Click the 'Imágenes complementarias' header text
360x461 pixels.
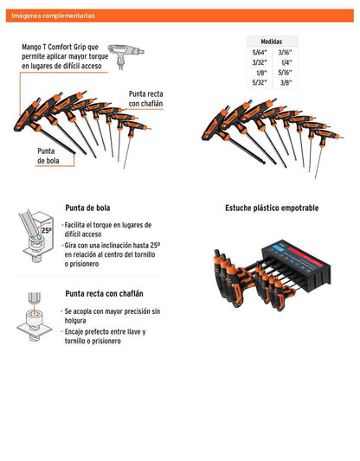click(53, 16)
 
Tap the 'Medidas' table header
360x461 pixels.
click(271, 42)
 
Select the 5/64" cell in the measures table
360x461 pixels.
click(260, 53)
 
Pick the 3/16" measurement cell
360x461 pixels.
click(285, 53)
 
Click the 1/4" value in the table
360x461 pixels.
click(286, 62)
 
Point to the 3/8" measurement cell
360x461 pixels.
click(286, 83)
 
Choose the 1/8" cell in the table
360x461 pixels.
click(261, 73)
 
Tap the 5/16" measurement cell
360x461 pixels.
click(285, 73)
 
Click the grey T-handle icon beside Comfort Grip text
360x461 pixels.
click(125, 56)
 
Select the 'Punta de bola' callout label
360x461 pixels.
click(48, 156)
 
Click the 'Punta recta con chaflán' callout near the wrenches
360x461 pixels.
click(145, 99)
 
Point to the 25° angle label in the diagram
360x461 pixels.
click(46, 230)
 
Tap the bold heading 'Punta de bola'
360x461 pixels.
click(87, 208)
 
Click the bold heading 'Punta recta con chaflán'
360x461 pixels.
click(104, 293)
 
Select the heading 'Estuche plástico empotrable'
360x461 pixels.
click(272, 208)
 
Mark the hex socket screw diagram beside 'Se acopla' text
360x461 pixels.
click(34, 317)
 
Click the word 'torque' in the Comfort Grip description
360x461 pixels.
click(99, 56)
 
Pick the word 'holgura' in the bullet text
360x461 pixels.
click(75, 321)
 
